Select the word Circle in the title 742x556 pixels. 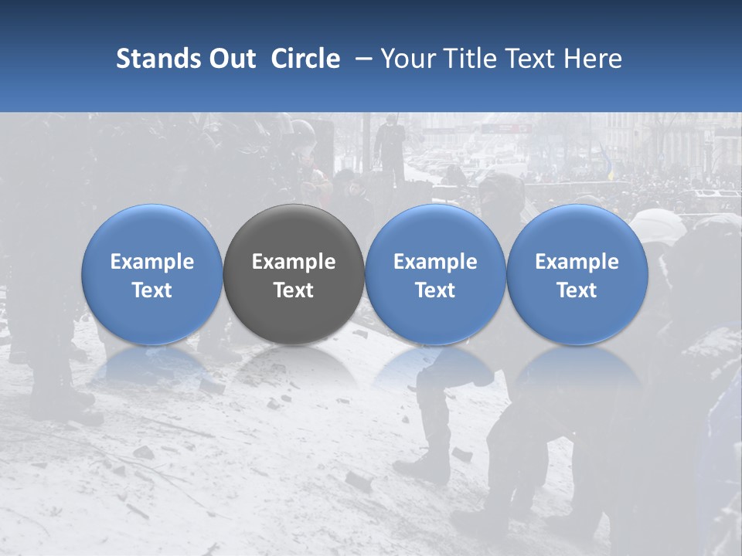coord(305,59)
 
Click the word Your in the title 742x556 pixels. coord(405,59)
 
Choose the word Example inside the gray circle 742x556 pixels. coord(294,262)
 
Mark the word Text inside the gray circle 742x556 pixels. coord(294,290)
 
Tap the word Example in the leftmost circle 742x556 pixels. coord(151,262)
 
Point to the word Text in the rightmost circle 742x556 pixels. coord(577,290)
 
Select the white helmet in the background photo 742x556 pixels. coord(658,225)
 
